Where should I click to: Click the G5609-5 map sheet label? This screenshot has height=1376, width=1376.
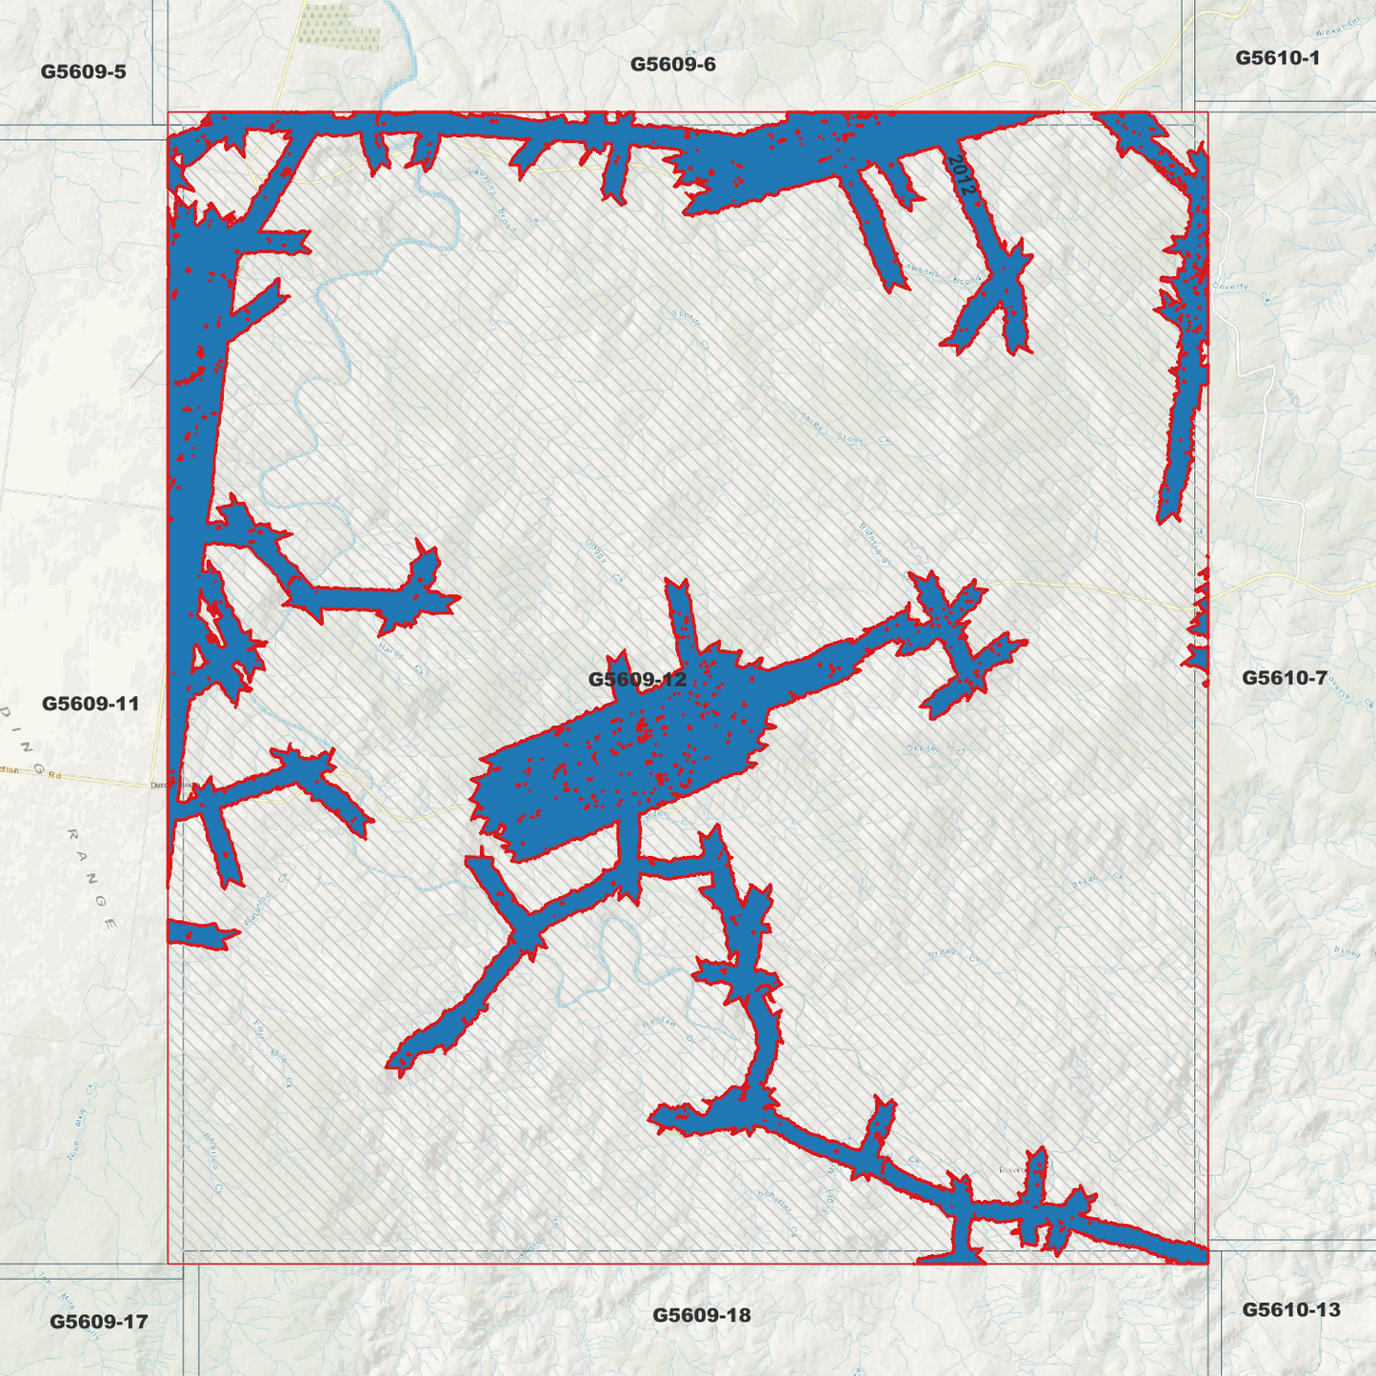pos(83,72)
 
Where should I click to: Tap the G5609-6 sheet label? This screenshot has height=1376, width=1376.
pos(672,65)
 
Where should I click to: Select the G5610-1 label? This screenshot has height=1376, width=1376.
pos(1277,58)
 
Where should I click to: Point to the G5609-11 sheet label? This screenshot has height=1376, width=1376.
pos(90,704)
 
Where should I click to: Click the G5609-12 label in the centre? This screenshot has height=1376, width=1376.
pos(636,679)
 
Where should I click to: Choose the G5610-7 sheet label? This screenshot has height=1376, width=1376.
pos(1284,678)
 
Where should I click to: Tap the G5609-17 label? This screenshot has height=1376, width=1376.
pos(98,1322)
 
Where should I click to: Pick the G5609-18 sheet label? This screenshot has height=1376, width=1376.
pos(701,1315)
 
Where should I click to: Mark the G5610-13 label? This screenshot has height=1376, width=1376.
pos(1290,1309)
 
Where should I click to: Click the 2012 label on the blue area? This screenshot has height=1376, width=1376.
pos(963,174)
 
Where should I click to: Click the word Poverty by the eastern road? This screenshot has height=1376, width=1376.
pos(1231,287)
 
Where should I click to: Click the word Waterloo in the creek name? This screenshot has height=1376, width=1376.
pos(257,908)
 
